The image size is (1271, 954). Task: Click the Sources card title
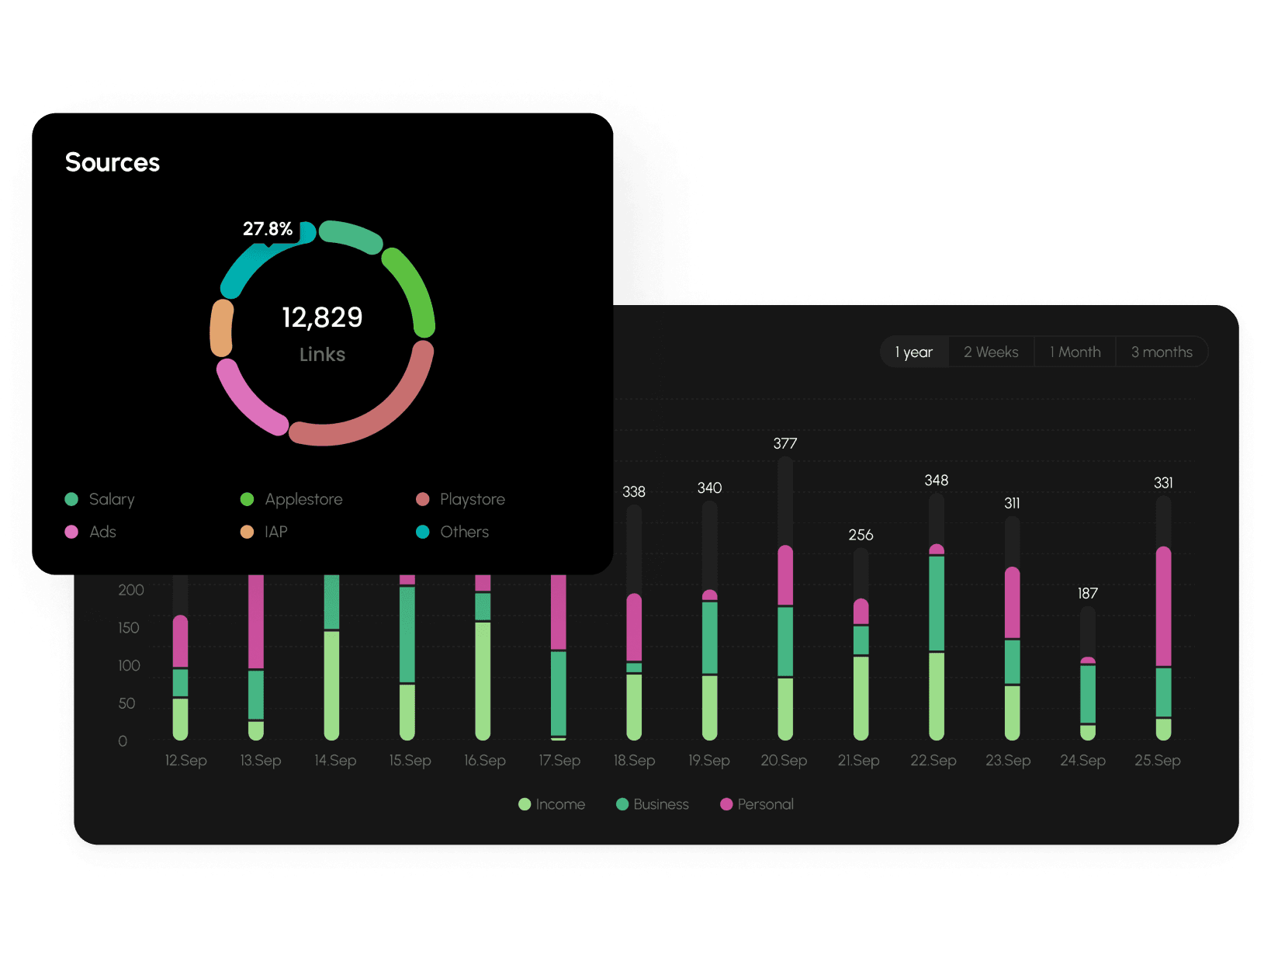tap(113, 162)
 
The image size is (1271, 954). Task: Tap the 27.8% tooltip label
tap(267, 229)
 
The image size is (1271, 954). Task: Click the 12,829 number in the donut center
tap(322, 317)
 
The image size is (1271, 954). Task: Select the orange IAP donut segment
tap(222, 328)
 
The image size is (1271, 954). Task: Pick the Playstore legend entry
tap(462, 499)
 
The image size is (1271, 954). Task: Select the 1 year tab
tap(914, 352)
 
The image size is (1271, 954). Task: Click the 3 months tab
tap(1161, 352)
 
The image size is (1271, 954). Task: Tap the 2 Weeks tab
tap(991, 352)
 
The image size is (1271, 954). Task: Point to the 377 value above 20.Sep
tap(784, 443)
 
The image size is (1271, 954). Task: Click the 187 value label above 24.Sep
tap(1087, 593)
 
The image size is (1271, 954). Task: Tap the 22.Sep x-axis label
tap(933, 761)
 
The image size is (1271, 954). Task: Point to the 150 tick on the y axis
tap(129, 627)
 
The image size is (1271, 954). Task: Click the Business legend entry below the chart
tap(653, 804)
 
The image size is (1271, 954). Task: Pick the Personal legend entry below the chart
tap(757, 804)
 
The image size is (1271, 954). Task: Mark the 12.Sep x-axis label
tap(185, 761)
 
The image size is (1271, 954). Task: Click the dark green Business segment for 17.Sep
tap(559, 692)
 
